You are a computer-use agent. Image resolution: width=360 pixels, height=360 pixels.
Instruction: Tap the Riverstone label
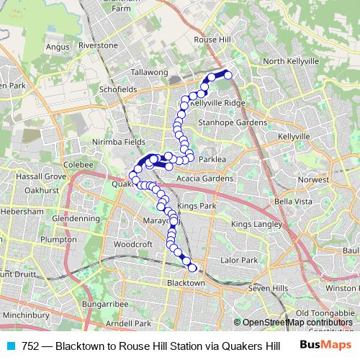click(x=98, y=45)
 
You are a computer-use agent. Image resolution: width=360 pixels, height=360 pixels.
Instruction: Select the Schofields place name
click(x=118, y=89)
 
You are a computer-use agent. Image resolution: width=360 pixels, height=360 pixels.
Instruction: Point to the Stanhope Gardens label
click(x=233, y=122)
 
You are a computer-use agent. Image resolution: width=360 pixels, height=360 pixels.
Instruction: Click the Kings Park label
click(x=197, y=207)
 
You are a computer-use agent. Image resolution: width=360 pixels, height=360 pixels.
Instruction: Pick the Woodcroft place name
click(x=133, y=244)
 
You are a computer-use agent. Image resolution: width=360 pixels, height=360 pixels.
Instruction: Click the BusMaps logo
click(x=324, y=345)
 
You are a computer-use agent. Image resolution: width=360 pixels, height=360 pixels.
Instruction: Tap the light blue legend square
click(x=10, y=346)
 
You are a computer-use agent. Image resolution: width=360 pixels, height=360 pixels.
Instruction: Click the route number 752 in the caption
click(x=30, y=346)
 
